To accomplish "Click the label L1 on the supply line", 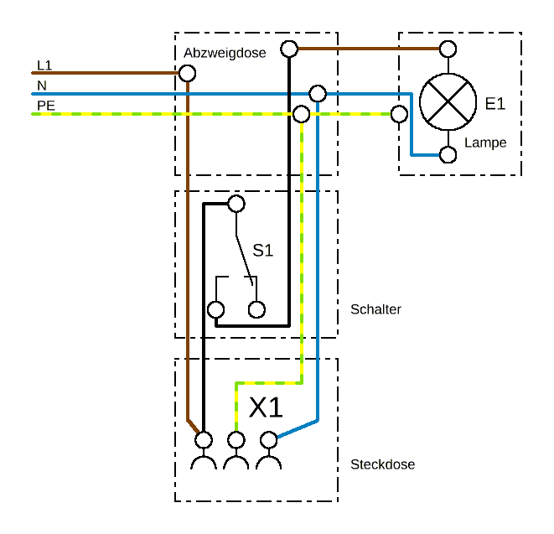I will [44, 65].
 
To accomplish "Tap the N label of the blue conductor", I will [41, 86].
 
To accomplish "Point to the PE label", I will [45, 105].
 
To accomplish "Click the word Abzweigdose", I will [225, 53].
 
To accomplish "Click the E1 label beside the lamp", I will [495, 104].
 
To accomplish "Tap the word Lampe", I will [485, 143].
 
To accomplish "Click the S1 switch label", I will [263, 250].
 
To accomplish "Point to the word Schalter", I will [375, 309].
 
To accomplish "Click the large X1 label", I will [267, 408].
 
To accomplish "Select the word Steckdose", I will [382, 464].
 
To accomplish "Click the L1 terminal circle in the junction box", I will [188, 73].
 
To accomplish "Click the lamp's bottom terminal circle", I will [448, 154].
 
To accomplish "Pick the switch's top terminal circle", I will [236, 203].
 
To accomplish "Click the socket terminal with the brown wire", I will [203, 439].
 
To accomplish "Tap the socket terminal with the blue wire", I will [269, 439].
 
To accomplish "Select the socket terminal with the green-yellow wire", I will [236, 439].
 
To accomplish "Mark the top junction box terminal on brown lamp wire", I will [289, 49].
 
